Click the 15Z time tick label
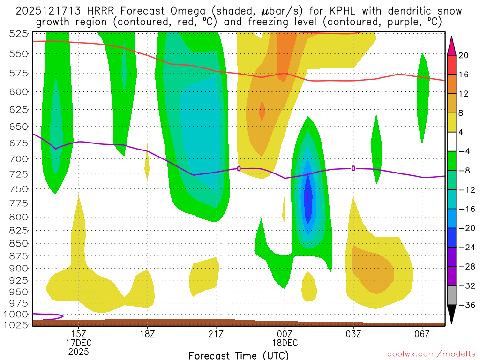pos(78,334)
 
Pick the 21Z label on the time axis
pos(216,334)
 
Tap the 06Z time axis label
pos(422,334)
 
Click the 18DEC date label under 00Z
pos(285,343)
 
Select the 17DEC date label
pos(78,343)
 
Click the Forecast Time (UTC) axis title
pos(239,355)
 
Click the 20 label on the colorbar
pos(464,55)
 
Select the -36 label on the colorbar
pos(465,305)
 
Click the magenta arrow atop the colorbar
pos(452,44)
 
